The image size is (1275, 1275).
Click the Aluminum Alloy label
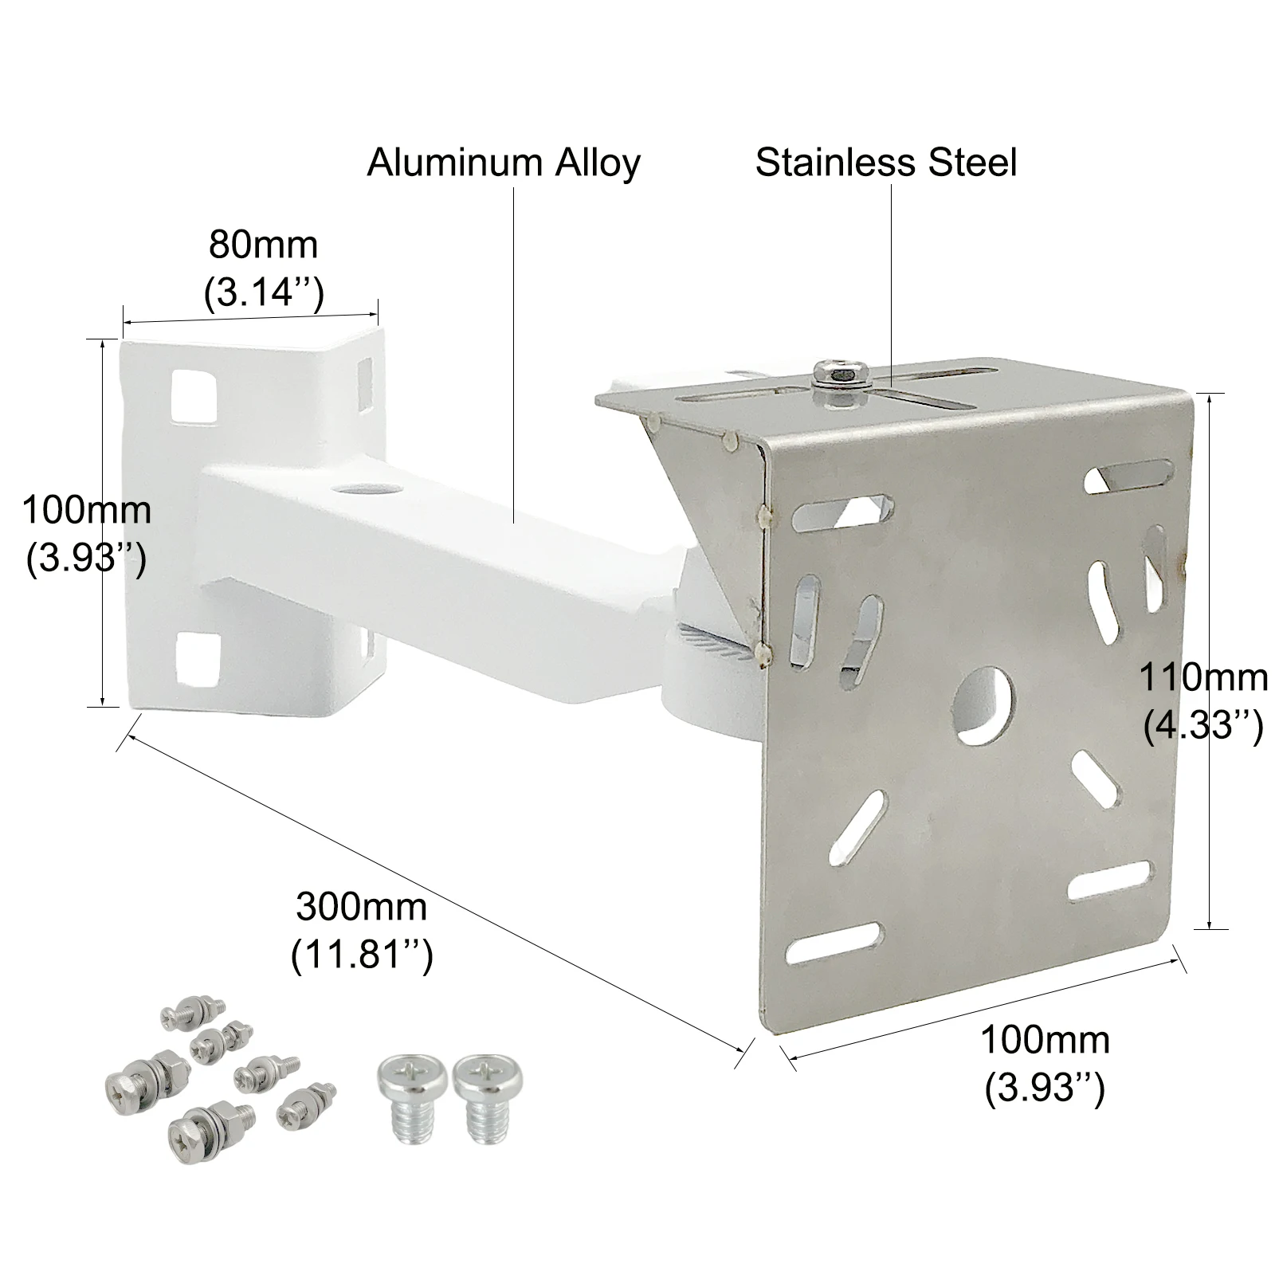(503, 163)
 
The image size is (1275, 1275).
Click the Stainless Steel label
(886, 163)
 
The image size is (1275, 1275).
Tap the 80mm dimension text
(263, 245)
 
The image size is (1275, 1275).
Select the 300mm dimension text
(361, 908)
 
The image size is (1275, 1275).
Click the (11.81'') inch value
(361, 954)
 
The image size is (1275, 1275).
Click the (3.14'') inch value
(263, 292)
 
